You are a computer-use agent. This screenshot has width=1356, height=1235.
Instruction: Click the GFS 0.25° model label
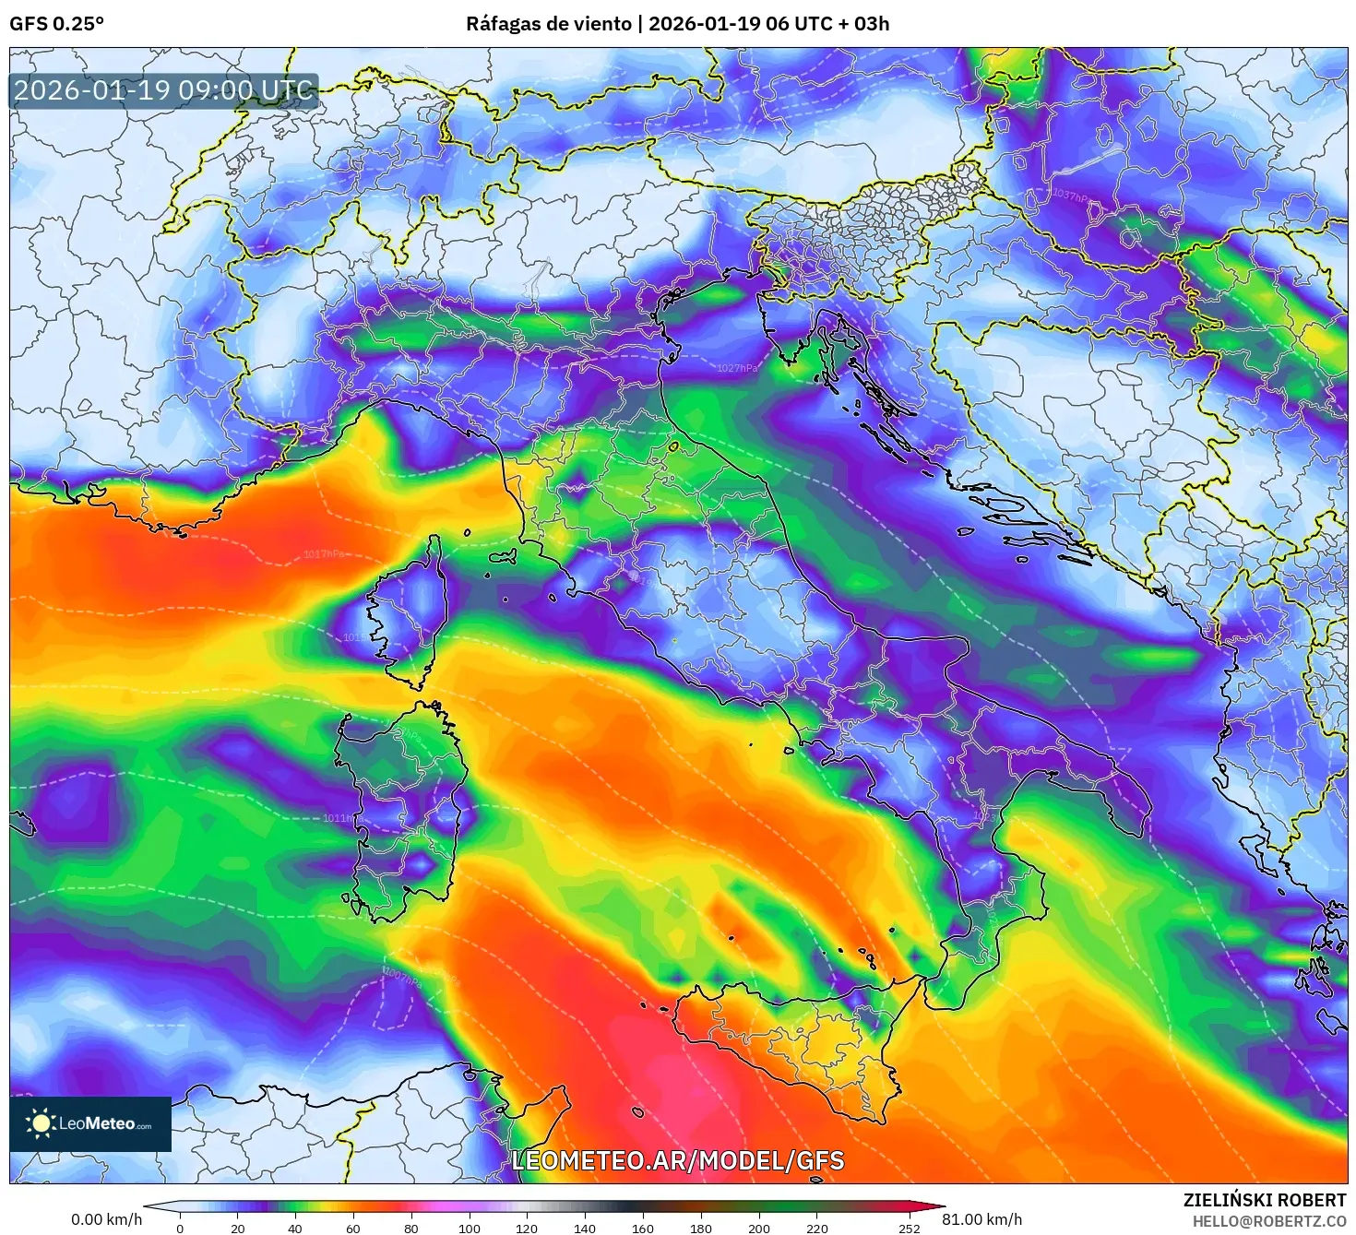pyautogui.click(x=56, y=24)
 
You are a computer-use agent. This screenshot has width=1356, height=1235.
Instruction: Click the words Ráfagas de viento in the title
pyautogui.click(x=548, y=24)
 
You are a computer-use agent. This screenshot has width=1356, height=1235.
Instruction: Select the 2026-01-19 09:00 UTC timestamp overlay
pyautogui.click(x=163, y=90)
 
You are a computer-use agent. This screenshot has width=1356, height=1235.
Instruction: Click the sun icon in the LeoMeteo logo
pyautogui.click(x=41, y=1122)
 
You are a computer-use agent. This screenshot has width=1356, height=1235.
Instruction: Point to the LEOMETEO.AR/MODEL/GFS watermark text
pyautogui.click(x=678, y=1160)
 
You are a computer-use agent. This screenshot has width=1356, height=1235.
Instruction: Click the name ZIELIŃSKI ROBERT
pyautogui.click(x=1264, y=1200)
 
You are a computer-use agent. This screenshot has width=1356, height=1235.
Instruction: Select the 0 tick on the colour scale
pyautogui.click(x=180, y=1228)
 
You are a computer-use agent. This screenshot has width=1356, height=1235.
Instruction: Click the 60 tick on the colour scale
pyautogui.click(x=353, y=1228)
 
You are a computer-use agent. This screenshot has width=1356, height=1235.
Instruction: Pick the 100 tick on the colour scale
pyautogui.click(x=470, y=1228)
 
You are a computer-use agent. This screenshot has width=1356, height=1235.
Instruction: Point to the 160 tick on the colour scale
pyautogui.click(x=643, y=1228)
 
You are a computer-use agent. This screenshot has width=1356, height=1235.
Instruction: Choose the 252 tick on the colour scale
pyautogui.click(x=910, y=1228)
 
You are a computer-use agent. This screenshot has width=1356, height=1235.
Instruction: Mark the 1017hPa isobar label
pyautogui.click(x=324, y=554)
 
